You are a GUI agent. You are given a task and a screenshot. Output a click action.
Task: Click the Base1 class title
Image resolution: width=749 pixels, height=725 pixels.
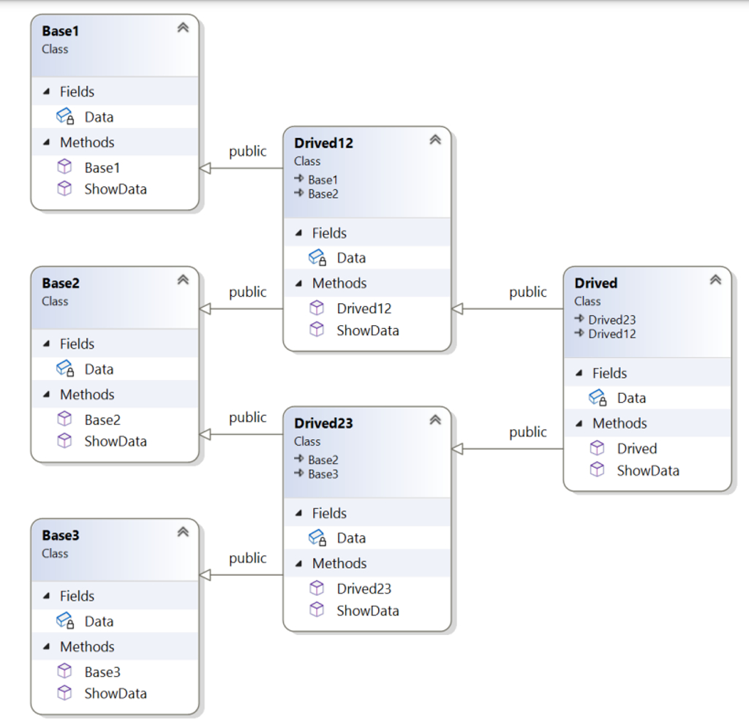tap(61, 31)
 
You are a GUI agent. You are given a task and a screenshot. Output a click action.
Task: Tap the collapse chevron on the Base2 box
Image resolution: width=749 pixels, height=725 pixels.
tap(183, 279)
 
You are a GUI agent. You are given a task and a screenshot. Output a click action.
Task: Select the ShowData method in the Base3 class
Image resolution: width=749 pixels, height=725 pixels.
tap(115, 693)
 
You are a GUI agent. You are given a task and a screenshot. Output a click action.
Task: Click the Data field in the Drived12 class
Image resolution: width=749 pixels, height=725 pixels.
tap(351, 257)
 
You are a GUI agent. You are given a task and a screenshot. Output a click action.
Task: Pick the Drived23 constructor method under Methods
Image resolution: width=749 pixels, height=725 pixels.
tap(364, 588)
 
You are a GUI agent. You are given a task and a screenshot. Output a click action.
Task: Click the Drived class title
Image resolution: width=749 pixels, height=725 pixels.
tap(595, 283)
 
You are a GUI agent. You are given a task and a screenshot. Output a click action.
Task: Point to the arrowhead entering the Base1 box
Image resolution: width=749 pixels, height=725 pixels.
tap(206, 168)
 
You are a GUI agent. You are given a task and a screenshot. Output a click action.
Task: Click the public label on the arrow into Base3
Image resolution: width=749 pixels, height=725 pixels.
tap(247, 558)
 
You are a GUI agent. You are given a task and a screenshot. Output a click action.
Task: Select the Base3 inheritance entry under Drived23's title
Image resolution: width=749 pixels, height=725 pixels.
tap(323, 474)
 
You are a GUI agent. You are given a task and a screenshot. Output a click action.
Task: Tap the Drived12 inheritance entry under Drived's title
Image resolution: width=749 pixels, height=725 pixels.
tap(611, 333)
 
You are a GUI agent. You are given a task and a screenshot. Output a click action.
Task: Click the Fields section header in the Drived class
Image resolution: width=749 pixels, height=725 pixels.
tap(609, 373)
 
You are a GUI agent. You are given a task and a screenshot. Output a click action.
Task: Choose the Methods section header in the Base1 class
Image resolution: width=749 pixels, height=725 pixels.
tap(87, 142)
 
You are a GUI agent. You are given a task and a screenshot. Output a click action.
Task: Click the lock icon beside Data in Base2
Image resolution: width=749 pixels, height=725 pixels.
tap(70, 372)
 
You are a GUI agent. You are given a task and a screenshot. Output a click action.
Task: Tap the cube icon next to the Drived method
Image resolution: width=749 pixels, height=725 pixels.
tap(598, 447)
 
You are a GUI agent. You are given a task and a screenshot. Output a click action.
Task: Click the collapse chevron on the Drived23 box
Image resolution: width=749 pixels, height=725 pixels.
tap(435, 420)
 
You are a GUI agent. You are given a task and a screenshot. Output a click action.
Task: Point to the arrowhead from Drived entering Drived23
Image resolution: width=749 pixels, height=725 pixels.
tap(458, 449)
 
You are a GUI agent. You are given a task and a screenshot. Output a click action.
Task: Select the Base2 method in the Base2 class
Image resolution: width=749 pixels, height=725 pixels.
tap(102, 420)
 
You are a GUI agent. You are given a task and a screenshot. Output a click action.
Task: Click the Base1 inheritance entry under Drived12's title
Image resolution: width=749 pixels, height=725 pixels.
tap(323, 179)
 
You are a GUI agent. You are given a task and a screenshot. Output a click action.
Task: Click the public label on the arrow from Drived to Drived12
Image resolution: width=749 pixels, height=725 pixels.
tap(527, 292)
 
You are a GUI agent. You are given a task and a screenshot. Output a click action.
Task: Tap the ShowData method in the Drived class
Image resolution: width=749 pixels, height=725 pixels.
tap(647, 470)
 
